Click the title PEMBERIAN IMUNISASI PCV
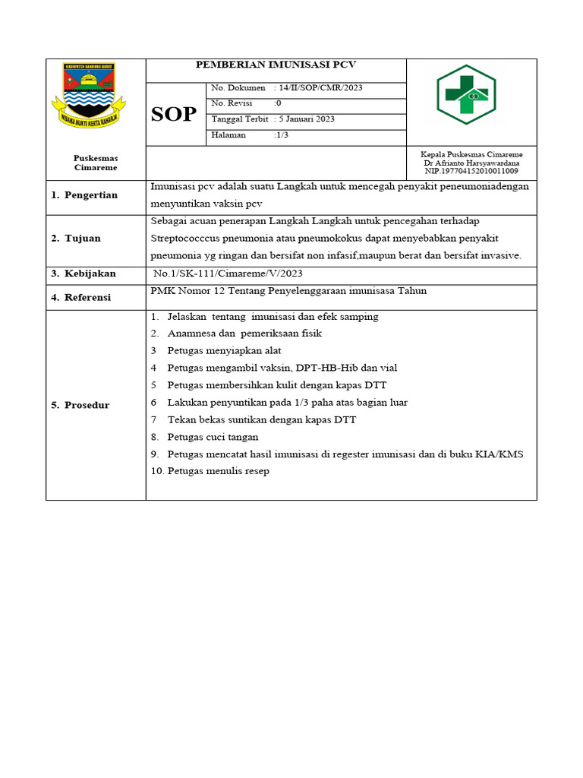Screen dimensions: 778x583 276,65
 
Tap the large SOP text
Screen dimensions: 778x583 174,115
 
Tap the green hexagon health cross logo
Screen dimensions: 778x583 465,95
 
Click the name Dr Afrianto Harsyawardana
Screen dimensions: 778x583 472,163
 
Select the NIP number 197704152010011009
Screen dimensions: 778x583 471,171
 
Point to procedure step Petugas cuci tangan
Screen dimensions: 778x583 213,437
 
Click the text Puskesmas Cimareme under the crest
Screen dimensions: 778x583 95,163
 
